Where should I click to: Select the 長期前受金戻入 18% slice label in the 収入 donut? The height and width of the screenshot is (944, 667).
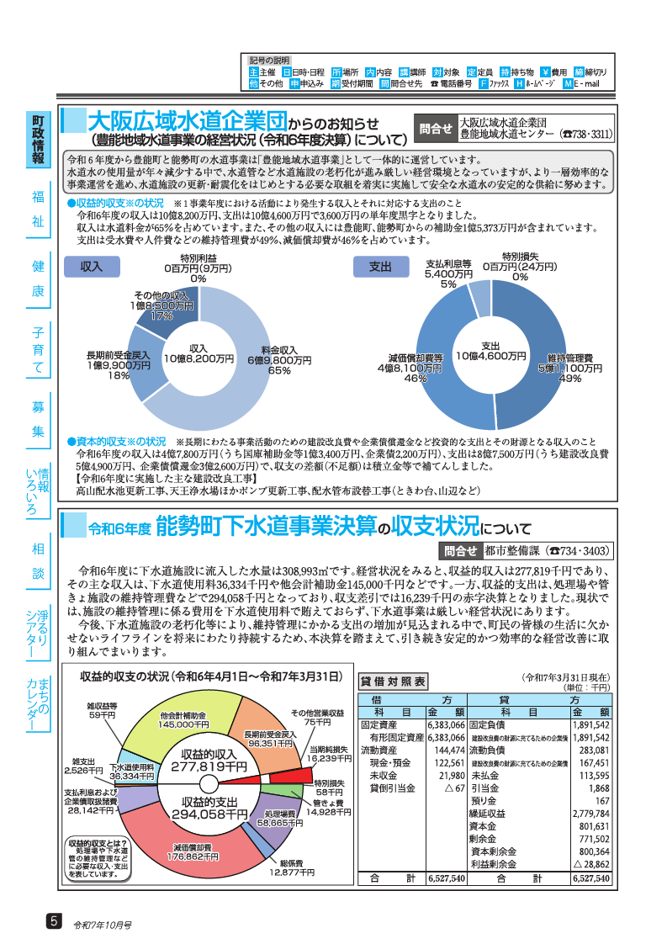point(118,365)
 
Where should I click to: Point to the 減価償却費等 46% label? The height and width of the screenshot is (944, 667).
point(410,368)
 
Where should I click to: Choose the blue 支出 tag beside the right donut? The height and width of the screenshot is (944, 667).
point(380,266)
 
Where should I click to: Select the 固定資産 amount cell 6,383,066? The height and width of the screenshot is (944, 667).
point(446,724)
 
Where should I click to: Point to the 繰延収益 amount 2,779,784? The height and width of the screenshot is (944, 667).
point(590,814)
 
